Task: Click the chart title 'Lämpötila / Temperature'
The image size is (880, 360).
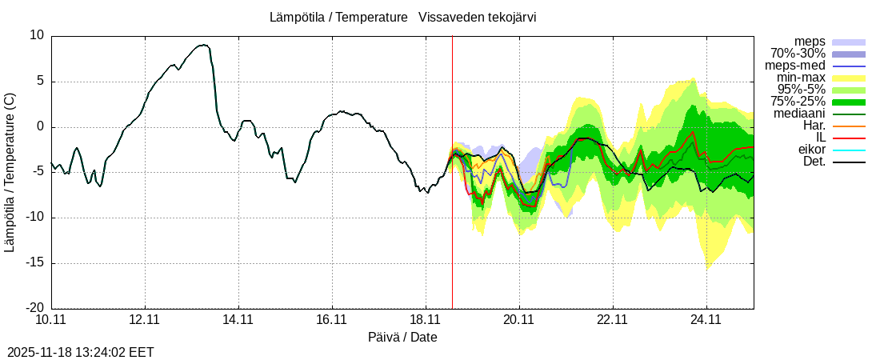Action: (339, 17)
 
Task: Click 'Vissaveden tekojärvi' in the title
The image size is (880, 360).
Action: (477, 17)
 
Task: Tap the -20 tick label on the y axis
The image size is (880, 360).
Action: (34, 308)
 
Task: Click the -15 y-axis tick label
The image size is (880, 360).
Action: (34, 262)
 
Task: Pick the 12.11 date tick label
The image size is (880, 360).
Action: (145, 320)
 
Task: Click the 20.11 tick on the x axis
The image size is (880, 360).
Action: (519, 320)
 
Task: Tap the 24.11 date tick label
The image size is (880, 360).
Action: (706, 320)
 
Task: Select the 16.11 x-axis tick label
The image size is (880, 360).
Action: (332, 320)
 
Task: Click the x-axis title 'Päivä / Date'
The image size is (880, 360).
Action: (402, 338)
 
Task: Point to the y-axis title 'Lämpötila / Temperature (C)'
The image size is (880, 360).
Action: (10, 171)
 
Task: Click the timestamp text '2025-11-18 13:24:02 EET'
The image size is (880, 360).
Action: (80, 352)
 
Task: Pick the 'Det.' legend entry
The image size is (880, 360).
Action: (814, 162)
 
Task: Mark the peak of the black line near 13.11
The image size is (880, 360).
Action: (205, 45)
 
